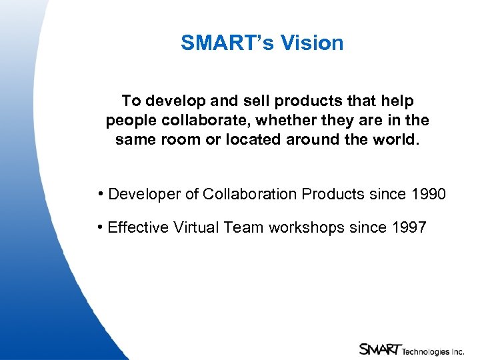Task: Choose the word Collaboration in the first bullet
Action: [250, 194]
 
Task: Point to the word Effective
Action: [138, 227]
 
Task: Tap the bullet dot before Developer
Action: [100, 194]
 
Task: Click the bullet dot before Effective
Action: [100, 227]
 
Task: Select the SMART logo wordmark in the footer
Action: [379, 349]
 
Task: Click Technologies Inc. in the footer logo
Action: [433, 350]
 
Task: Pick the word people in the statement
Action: [130, 121]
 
